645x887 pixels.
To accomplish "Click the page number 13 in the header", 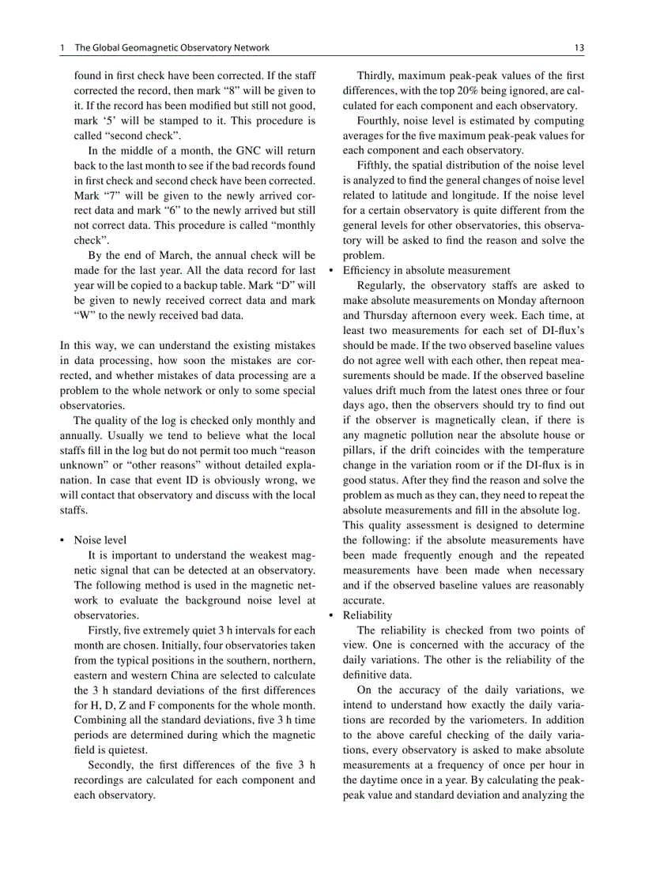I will pos(579,48).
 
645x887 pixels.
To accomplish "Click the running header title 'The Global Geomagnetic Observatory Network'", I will pos(172,48).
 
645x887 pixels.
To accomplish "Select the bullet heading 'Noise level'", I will pos(100,540).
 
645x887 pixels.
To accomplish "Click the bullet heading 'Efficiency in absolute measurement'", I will pos(426,270).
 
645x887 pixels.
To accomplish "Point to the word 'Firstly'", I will pos(104,630).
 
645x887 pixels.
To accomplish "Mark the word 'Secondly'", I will pos(111,765).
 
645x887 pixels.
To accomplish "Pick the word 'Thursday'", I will pos(387,315).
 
